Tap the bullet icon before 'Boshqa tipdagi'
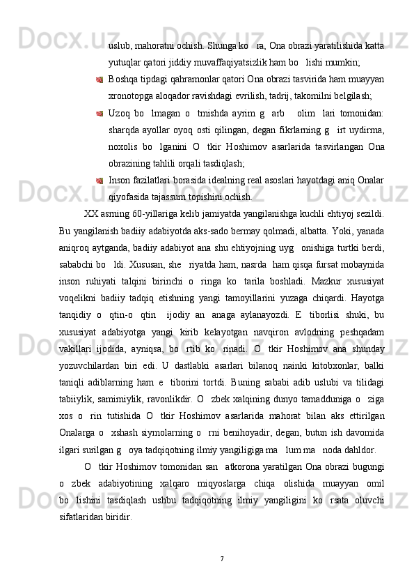pos(99,79)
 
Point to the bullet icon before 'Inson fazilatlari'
pos(99,180)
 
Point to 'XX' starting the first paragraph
pos(90,213)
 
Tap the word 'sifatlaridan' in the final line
pos(88,514)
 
